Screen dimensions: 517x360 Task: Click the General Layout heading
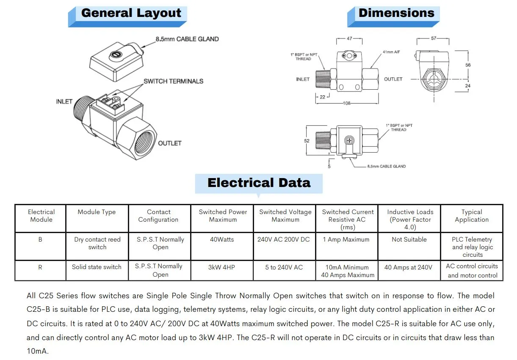(131, 13)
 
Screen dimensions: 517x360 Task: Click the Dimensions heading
(396, 13)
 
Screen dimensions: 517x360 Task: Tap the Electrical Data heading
(259, 183)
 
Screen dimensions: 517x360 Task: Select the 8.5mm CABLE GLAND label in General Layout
(187, 39)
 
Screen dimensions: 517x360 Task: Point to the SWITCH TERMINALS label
(173, 81)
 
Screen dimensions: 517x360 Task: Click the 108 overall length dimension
(347, 103)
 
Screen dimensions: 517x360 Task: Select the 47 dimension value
(349, 38)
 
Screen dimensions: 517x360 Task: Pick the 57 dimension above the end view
(434, 38)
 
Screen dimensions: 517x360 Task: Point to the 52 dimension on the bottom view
(307, 141)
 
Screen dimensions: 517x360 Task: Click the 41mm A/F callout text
(391, 52)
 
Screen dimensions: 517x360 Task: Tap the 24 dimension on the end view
(467, 86)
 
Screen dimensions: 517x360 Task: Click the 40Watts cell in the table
(222, 239)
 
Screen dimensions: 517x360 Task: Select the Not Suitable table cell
(409, 239)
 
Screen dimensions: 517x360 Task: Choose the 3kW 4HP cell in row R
(221, 267)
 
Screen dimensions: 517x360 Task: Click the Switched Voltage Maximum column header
(285, 216)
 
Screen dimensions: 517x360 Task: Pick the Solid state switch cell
(97, 267)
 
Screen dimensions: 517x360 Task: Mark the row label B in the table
(40, 239)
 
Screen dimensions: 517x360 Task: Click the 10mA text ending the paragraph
(37, 351)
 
